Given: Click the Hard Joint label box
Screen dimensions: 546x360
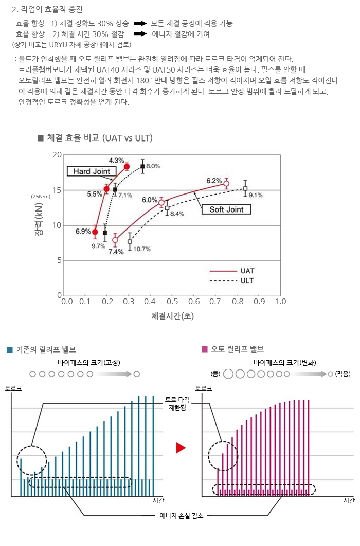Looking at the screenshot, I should click(91, 171).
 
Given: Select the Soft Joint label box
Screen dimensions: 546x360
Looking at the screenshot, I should click(226, 209).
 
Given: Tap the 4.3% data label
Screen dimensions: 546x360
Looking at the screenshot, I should click(116, 161).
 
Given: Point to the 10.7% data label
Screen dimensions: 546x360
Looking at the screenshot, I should click(141, 249).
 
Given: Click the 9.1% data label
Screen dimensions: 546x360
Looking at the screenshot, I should click(256, 195).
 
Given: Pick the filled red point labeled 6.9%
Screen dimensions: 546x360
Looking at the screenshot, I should click(95, 232).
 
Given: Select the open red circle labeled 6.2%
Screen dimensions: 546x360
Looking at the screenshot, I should click(226, 184).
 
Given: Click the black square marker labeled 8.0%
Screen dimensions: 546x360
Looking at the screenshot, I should click(142, 166).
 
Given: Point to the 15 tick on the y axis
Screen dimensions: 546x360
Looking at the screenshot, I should click(57, 190).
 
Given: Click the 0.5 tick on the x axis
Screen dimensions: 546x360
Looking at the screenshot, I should click(173, 301).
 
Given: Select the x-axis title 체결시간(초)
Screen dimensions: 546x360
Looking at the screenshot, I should click(173, 314).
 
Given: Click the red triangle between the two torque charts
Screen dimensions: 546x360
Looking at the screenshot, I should click(180, 448).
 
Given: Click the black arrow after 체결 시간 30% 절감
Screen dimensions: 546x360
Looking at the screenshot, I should click(140, 34).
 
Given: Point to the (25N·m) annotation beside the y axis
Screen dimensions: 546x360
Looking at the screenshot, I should click(41, 197).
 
